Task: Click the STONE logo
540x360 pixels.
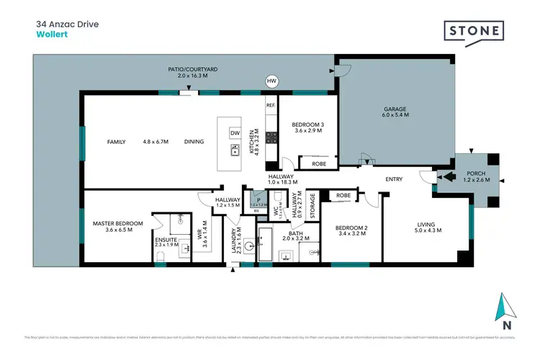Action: point(473,32)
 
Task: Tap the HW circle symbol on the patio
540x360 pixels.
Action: point(271,81)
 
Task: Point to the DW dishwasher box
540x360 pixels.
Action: point(235,133)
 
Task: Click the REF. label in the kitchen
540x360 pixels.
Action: point(271,106)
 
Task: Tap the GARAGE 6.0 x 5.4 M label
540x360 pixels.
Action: point(395,112)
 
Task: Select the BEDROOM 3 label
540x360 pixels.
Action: point(303,127)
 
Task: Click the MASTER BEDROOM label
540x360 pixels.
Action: point(118,227)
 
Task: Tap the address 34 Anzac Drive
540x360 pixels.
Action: point(68,23)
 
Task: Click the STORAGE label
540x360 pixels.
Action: point(312,205)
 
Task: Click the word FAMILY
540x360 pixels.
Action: point(117,142)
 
